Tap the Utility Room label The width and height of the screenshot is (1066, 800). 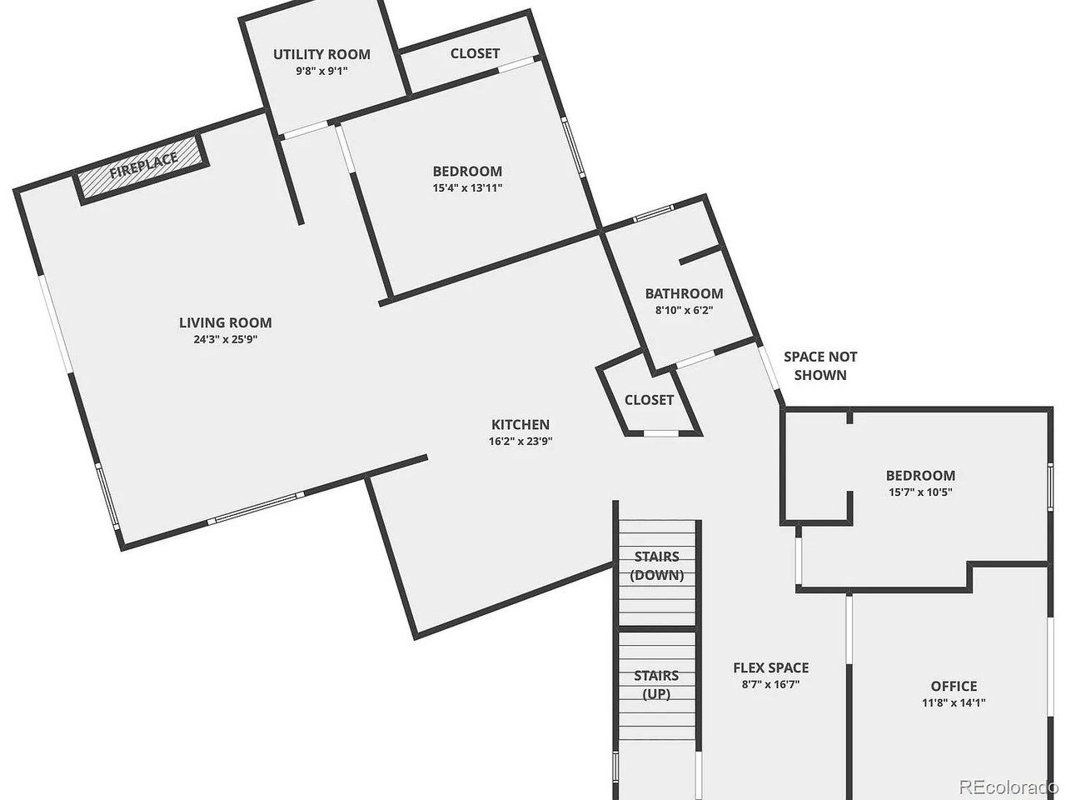(321, 55)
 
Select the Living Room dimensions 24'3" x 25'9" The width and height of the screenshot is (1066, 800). (225, 339)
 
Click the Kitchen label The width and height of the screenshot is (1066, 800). (520, 425)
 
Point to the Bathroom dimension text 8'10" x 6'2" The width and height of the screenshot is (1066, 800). (684, 310)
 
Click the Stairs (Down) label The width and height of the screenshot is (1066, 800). (657, 566)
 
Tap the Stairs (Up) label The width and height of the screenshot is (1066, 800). (656, 684)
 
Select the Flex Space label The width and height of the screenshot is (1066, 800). (770, 667)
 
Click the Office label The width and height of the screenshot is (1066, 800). (954, 686)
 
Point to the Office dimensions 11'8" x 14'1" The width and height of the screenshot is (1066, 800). (954, 702)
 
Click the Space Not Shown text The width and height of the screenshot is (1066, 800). (820, 366)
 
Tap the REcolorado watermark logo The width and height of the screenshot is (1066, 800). (1008, 786)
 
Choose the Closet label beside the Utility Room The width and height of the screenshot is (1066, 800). (475, 53)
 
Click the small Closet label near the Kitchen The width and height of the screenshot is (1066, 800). (649, 400)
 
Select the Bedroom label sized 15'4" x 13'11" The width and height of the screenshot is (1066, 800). (467, 172)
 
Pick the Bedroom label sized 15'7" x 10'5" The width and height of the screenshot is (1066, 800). (920, 476)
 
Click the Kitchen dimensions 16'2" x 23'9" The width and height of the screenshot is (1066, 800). (521, 442)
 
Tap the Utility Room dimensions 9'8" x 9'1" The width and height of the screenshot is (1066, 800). (321, 71)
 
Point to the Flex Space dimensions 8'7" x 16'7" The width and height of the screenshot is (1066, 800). (770, 684)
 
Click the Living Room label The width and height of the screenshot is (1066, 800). (225, 322)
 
